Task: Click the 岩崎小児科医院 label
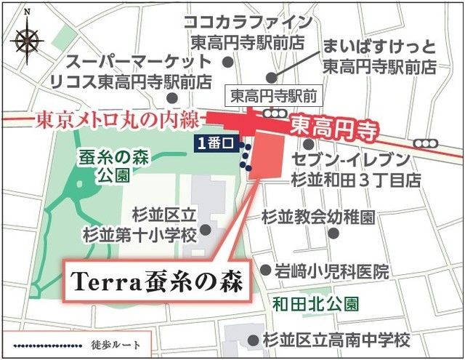pos(331,271)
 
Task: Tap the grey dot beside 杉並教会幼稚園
pos(333,234)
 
